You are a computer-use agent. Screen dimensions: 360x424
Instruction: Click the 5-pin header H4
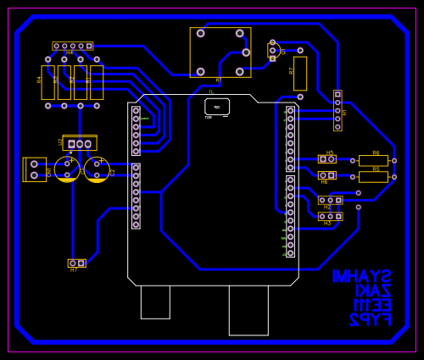click(x=73, y=46)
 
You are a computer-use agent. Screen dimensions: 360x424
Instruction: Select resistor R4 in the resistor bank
click(x=48, y=82)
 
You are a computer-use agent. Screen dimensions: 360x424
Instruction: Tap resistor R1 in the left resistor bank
click(x=97, y=82)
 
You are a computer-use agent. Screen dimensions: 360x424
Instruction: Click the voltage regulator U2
click(x=80, y=143)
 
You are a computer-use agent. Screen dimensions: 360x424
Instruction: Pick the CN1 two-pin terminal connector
click(x=35, y=169)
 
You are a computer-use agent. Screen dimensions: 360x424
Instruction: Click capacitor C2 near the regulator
click(x=97, y=169)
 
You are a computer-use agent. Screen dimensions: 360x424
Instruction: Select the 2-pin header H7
click(x=76, y=263)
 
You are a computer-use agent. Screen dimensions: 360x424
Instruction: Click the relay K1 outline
click(x=220, y=53)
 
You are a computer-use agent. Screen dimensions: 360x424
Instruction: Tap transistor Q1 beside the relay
click(x=274, y=51)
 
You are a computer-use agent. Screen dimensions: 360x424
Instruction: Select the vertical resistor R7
click(x=299, y=74)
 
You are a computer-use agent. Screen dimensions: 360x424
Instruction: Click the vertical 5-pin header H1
click(x=338, y=110)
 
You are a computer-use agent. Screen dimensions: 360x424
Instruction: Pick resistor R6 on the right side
click(x=373, y=160)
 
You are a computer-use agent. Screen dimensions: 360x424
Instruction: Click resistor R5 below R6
click(x=373, y=177)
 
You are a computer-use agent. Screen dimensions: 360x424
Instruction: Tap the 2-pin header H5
click(x=327, y=158)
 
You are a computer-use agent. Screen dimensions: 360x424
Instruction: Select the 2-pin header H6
click(x=327, y=175)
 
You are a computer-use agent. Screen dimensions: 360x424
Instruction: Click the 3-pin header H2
click(x=330, y=200)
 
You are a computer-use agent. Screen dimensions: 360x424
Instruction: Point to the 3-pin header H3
click(x=330, y=216)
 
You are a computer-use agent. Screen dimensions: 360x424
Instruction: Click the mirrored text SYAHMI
click(x=361, y=277)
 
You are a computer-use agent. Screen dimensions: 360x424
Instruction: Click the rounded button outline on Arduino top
click(x=217, y=107)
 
